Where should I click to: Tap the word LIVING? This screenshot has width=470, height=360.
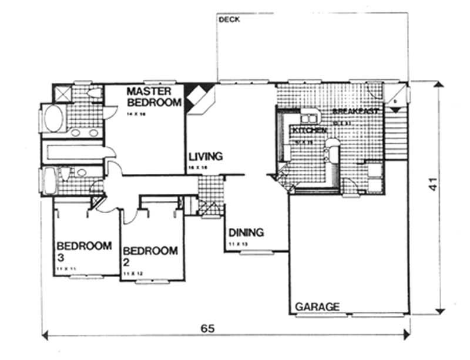pyautogui.click(x=206, y=157)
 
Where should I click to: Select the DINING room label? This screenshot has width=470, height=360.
pyautogui.click(x=246, y=232)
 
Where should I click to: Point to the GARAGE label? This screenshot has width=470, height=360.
pyautogui.click(x=317, y=307)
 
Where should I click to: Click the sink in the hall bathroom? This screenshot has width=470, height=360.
pyautogui.click(x=81, y=173)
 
